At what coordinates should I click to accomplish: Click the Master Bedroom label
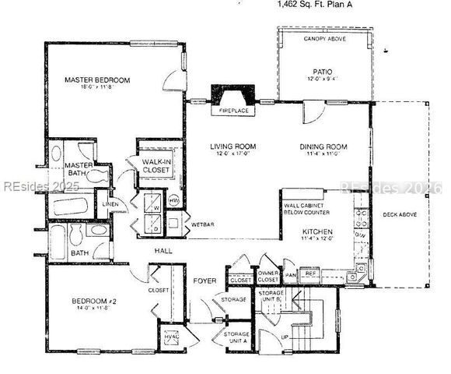click(x=97, y=80)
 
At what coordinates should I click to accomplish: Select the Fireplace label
click(x=232, y=111)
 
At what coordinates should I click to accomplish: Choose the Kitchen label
click(x=319, y=232)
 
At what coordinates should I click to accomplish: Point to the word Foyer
click(x=205, y=281)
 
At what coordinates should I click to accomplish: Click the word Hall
click(x=163, y=251)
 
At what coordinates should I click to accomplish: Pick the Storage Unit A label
click(x=236, y=337)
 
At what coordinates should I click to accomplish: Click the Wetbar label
click(x=202, y=224)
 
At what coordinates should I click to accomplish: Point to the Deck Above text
click(x=399, y=214)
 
